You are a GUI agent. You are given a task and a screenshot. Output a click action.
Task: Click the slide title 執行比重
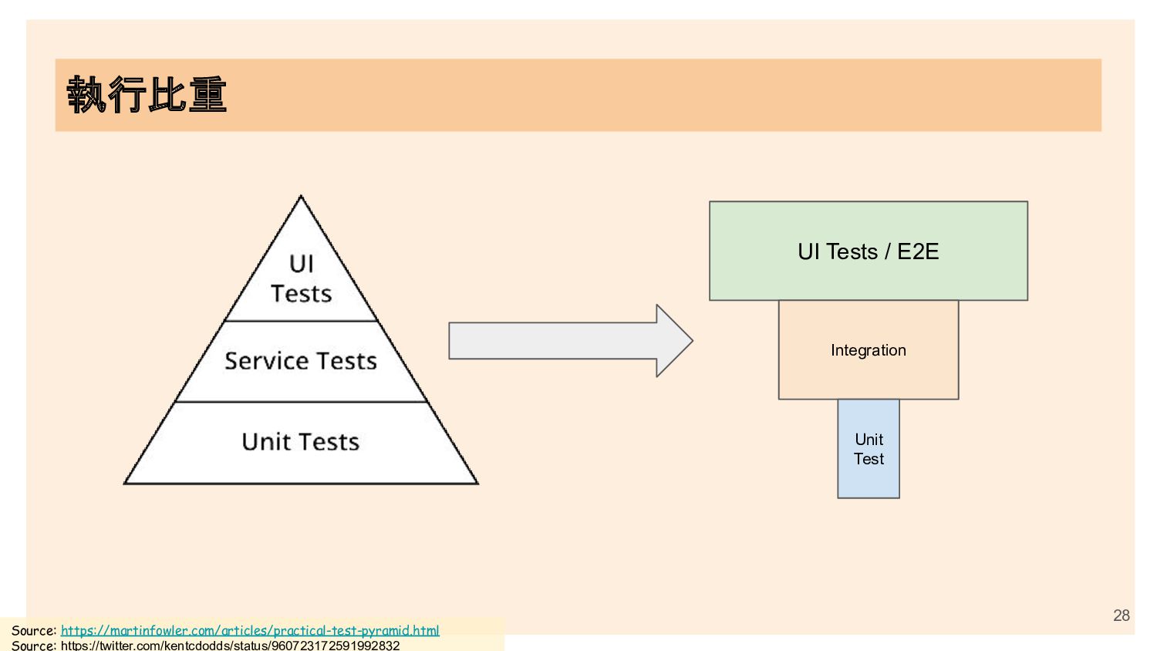click(147, 95)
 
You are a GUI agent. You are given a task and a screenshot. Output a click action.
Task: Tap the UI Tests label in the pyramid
click(301, 278)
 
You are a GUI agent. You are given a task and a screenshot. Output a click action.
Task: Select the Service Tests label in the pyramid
click(301, 361)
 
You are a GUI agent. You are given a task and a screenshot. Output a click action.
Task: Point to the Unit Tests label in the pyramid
click(301, 442)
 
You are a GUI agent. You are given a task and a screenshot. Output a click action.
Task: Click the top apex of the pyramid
click(301, 197)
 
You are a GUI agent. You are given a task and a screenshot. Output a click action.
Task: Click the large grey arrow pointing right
click(555, 341)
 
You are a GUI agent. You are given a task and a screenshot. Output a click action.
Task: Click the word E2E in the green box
click(918, 251)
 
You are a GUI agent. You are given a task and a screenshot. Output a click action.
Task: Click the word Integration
click(869, 350)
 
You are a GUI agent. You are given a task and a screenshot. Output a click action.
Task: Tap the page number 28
click(1122, 616)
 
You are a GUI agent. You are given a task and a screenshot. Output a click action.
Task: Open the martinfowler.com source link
click(250, 630)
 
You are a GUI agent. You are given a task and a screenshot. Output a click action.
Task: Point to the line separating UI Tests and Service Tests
click(301, 321)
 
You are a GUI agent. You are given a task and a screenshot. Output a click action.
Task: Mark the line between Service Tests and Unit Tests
click(301, 402)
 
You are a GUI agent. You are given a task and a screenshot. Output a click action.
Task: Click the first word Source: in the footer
click(34, 630)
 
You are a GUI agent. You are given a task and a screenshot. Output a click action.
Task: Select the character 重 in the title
click(207, 95)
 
